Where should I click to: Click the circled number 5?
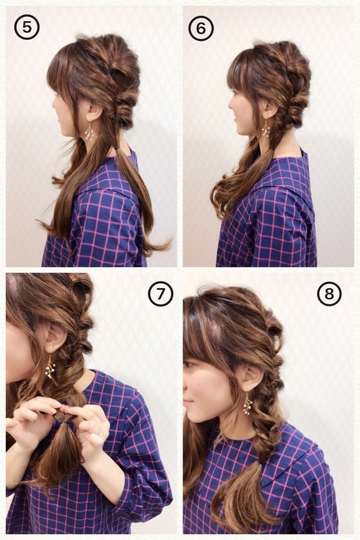coord(27,27)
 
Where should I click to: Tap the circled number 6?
coord(201,28)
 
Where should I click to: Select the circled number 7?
coord(160,293)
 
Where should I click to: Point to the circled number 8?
coord(329,293)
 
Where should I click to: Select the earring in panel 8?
coord(247,404)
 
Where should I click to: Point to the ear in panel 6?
coord(270,109)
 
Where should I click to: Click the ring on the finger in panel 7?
coord(98,431)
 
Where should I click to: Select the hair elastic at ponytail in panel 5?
coord(118,149)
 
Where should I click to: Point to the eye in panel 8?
coord(189,365)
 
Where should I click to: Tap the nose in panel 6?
coord(230,102)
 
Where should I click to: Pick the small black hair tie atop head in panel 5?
coord(109,73)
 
